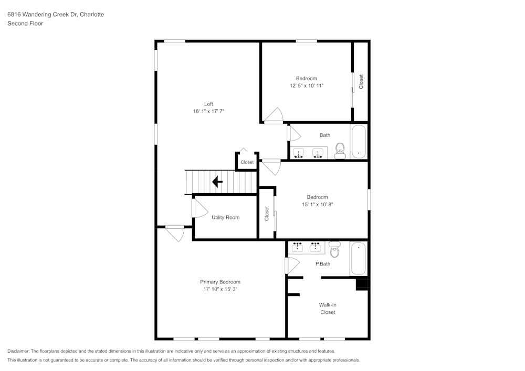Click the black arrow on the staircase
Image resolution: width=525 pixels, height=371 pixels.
[216, 182]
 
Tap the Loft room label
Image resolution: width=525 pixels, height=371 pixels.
[208, 103]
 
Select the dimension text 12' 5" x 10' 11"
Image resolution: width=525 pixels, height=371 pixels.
[307, 86]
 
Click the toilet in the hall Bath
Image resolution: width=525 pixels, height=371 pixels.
[340, 151]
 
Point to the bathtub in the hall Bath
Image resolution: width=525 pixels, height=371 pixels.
[359, 141]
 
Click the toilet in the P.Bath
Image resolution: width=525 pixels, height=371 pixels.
[334, 249]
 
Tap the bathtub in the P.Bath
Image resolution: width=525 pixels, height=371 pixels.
[359, 258]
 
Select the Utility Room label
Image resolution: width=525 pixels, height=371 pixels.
[225, 217]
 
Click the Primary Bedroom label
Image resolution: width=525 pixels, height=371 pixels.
[220, 282]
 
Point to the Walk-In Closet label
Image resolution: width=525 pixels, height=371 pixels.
[328, 309]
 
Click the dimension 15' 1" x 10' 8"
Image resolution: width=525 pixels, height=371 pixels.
[317, 205]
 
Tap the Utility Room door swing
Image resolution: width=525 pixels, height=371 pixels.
[199, 208]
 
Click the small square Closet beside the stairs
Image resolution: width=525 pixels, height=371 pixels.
[247, 162]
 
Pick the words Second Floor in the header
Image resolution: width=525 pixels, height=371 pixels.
[25, 24]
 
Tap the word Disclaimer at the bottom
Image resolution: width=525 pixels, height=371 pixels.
[18, 351]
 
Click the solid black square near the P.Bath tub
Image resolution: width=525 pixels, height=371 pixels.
[362, 284]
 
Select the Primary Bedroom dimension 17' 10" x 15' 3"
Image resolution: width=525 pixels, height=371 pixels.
[220, 289]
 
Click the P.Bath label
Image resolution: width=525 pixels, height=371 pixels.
[322, 264]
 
